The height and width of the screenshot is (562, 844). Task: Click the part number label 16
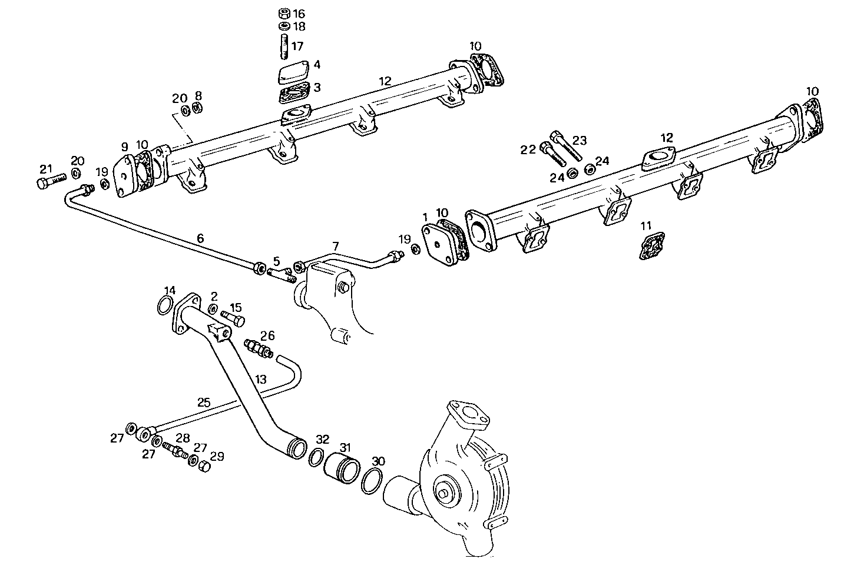tap(299, 13)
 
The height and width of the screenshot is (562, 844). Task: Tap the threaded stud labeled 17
tap(283, 47)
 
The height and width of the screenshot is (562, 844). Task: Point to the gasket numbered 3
tap(293, 94)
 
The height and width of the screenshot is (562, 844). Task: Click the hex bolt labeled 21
tap(47, 183)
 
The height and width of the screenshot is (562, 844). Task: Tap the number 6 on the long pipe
tap(200, 238)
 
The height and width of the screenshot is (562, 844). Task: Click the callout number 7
tap(336, 245)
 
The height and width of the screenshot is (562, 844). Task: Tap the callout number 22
tap(528, 149)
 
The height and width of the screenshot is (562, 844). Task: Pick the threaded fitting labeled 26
tap(257, 347)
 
